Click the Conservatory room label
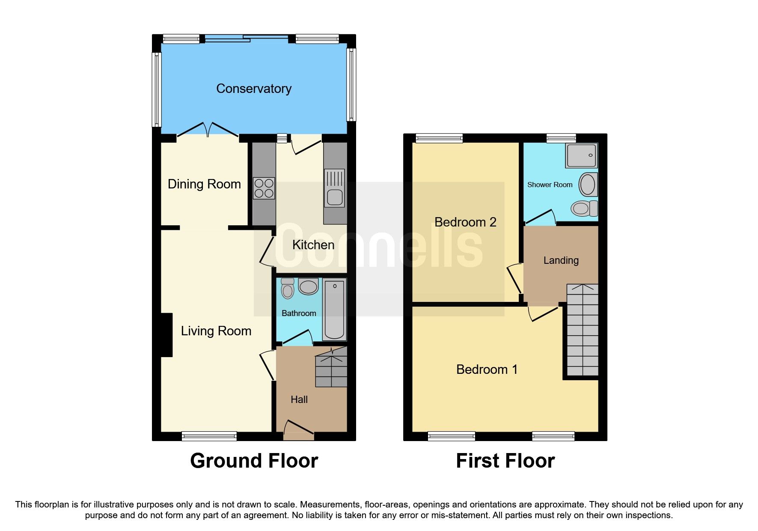[254, 89]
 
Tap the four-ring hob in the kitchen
[264, 188]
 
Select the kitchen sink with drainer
[335, 188]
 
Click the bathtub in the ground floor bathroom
[334, 309]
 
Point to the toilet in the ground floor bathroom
[288, 288]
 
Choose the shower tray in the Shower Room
[581, 156]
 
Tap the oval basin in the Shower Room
[588, 185]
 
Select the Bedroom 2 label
[465, 222]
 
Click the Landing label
[561, 260]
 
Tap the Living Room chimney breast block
[166, 335]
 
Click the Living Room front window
[209, 436]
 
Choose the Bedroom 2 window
[439, 138]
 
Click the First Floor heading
[505, 461]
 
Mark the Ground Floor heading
[254, 461]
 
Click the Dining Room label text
[204, 184]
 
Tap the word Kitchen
[313, 245]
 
